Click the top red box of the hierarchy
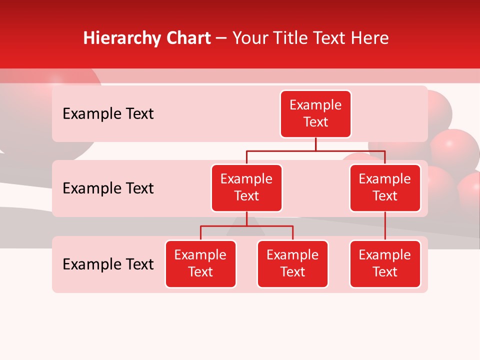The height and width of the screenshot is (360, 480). pos(315,113)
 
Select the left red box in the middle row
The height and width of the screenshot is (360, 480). pos(246,187)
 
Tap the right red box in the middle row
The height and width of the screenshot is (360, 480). pos(385,187)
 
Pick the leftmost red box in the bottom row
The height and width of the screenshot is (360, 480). pos(200,263)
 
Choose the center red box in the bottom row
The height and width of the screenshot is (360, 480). pos(292,263)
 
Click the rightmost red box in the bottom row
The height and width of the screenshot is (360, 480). pos(385,263)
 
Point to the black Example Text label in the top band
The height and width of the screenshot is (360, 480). pos(108,114)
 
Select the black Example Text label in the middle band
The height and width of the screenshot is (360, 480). pos(108,188)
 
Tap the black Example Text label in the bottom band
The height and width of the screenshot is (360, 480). pos(108,264)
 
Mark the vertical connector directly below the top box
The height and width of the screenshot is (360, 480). pos(315,144)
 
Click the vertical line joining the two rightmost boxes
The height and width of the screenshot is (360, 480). pos(385,226)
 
